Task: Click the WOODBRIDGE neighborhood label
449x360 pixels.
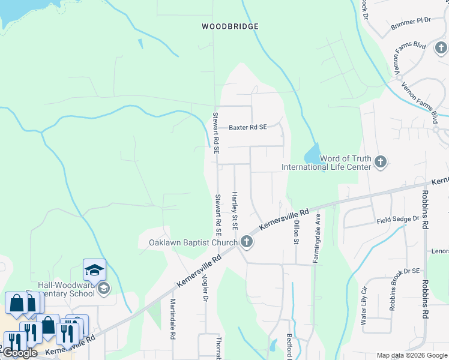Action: [230, 26]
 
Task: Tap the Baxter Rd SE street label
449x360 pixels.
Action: [247, 127]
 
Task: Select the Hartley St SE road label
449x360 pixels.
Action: [235, 211]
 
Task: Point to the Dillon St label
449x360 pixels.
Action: [296, 232]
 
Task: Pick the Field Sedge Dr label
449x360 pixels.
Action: [397, 220]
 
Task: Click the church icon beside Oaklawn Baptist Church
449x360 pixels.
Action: [246, 242]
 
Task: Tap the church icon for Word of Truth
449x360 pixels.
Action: [379, 161]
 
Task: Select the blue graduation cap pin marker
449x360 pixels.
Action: [94, 270]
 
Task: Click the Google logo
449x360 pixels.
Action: [20, 353]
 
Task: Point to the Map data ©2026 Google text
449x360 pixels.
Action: [412, 355]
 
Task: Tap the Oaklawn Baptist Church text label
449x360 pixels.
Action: [193, 243]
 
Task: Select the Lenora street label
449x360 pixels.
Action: [440, 251]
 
